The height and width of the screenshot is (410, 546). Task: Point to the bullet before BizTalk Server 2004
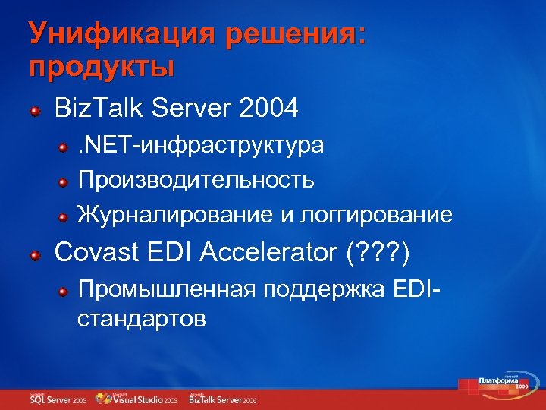36,112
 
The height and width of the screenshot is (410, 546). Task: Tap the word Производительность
196,180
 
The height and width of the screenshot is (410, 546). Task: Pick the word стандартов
141,318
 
